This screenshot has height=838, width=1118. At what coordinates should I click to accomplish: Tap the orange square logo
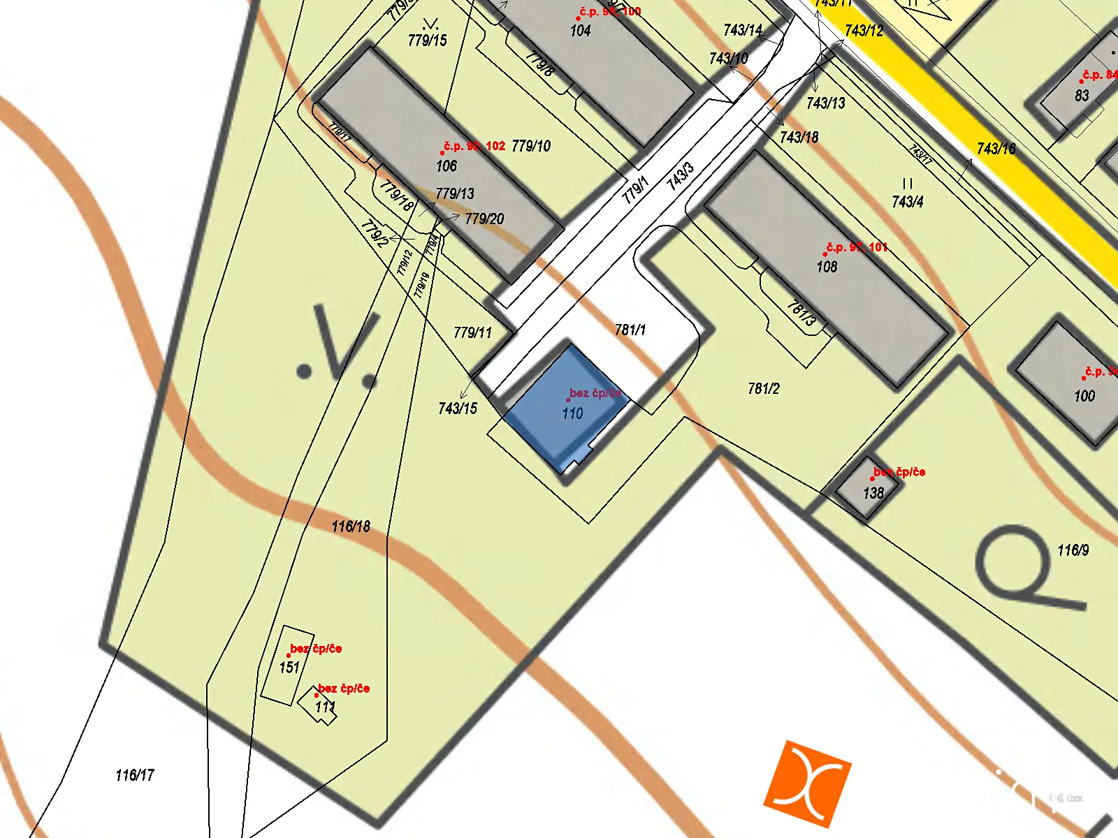click(x=807, y=783)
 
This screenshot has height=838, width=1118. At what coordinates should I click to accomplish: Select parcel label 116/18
click(x=351, y=527)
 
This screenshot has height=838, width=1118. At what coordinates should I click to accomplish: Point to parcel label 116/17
click(x=135, y=775)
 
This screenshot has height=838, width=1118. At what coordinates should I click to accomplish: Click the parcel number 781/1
click(x=630, y=330)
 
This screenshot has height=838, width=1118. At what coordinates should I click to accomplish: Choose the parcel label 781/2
click(x=763, y=388)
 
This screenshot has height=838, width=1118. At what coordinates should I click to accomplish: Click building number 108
click(x=827, y=266)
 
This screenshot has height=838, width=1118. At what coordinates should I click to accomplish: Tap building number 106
click(x=447, y=166)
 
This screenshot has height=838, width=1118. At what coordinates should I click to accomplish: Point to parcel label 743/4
click(x=907, y=202)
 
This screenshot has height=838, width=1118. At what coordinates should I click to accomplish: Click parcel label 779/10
click(x=531, y=146)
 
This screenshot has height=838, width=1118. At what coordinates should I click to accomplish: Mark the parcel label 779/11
click(x=472, y=332)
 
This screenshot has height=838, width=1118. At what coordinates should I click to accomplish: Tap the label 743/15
click(x=458, y=408)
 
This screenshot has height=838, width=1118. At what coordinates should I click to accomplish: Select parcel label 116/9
click(x=1073, y=550)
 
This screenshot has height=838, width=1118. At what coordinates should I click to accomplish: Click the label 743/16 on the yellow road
click(x=996, y=148)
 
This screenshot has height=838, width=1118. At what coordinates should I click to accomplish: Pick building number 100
click(x=1084, y=396)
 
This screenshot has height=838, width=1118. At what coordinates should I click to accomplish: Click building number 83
click(x=1082, y=96)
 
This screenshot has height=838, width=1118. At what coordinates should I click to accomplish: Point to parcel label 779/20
click(x=484, y=219)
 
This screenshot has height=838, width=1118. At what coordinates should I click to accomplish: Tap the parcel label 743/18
click(x=799, y=137)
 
